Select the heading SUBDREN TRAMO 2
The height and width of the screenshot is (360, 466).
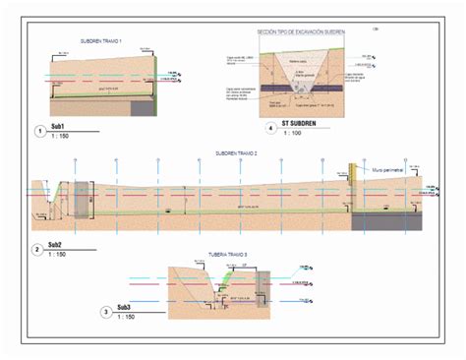(x=236, y=154)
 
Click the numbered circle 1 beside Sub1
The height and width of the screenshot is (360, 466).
(x=38, y=131)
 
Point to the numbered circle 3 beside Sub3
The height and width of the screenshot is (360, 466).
(x=106, y=314)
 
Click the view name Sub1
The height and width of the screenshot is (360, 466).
(x=58, y=127)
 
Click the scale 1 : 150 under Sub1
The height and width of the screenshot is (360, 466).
(x=59, y=137)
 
